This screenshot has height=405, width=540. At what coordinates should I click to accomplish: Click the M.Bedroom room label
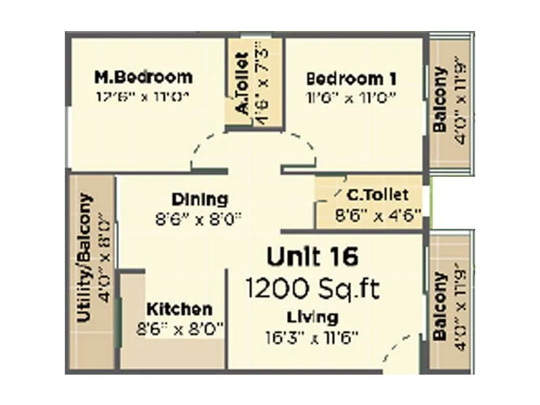coord(143,76)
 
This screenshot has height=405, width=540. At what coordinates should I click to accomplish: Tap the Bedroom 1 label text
coord(351,78)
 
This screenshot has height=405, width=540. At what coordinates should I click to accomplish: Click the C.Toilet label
coord(377,195)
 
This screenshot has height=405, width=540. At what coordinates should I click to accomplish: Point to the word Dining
coord(199,200)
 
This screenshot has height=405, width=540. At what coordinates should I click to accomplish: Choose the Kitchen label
coord(179,310)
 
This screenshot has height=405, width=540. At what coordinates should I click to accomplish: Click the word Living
coord(312,317)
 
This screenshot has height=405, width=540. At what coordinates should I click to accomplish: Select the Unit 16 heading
coord(312,256)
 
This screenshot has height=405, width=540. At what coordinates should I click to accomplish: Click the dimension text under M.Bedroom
coord(143,97)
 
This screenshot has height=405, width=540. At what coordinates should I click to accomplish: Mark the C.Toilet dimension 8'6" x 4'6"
coord(378,216)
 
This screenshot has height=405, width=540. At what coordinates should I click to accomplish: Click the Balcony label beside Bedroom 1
coord(440,100)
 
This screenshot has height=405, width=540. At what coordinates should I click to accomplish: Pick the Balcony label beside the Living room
coord(440,306)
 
